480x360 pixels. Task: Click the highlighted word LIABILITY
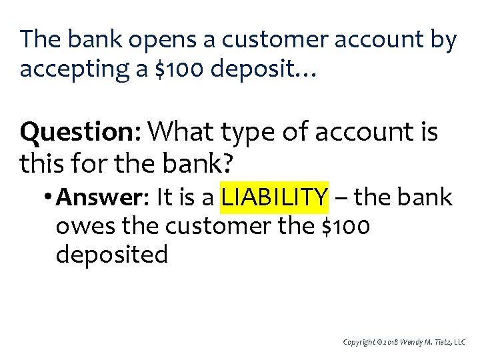tap(275, 197)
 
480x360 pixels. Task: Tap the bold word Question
tap(79, 132)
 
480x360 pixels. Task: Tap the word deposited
tap(112, 255)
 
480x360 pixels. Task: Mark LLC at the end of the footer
tap(464, 342)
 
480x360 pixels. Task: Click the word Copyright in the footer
tap(358, 342)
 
